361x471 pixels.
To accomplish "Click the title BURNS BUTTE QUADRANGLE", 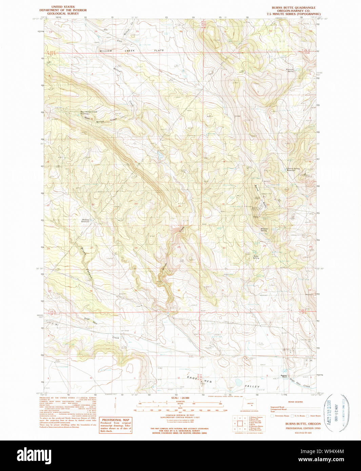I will [x=294, y=7].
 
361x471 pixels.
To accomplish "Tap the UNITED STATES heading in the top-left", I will [x=63, y=7].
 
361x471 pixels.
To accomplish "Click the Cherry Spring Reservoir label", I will [x=293, y=169].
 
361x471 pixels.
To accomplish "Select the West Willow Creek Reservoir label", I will [x=88, y=112].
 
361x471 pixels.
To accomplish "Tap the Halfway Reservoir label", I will [x=85, y=220].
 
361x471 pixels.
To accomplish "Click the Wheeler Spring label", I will [x=264, y=229].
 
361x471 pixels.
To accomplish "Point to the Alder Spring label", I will [x=256, y=257].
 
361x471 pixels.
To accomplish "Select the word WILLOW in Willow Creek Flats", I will [x=106, y=51].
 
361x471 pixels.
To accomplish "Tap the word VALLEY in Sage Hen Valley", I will [x=252, y=386].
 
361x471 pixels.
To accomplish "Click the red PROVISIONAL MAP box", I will [x=116, y=425].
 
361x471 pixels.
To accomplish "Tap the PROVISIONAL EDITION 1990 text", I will [x=303, y=428].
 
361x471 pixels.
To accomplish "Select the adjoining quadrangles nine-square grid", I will [x=239, y=424].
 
